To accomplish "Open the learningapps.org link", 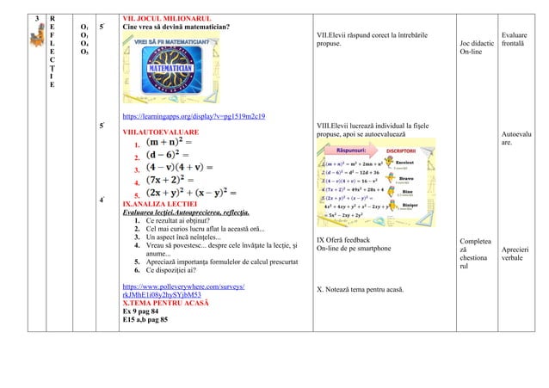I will (194, 115).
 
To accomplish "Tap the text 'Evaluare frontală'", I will (514, 34).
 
